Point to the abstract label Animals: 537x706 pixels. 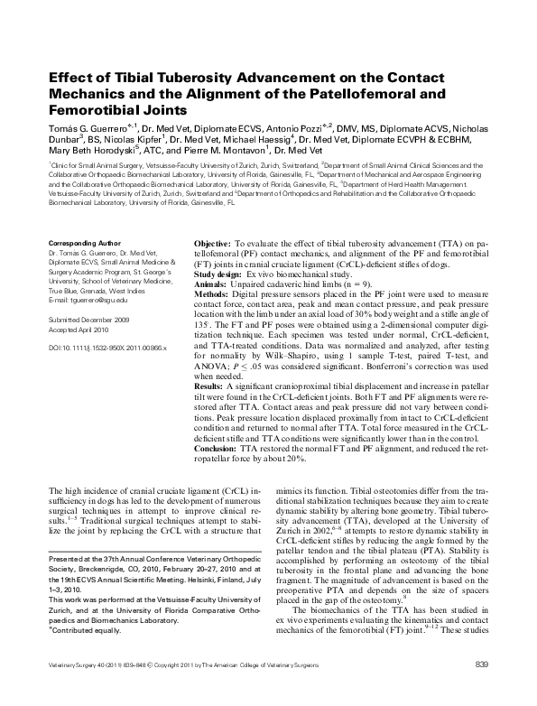pyautogui.click(x=213, y=282)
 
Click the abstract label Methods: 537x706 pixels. pyautogui.click(x=214, y=293)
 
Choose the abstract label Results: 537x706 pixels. pyautogui.click(x=214, y=386)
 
